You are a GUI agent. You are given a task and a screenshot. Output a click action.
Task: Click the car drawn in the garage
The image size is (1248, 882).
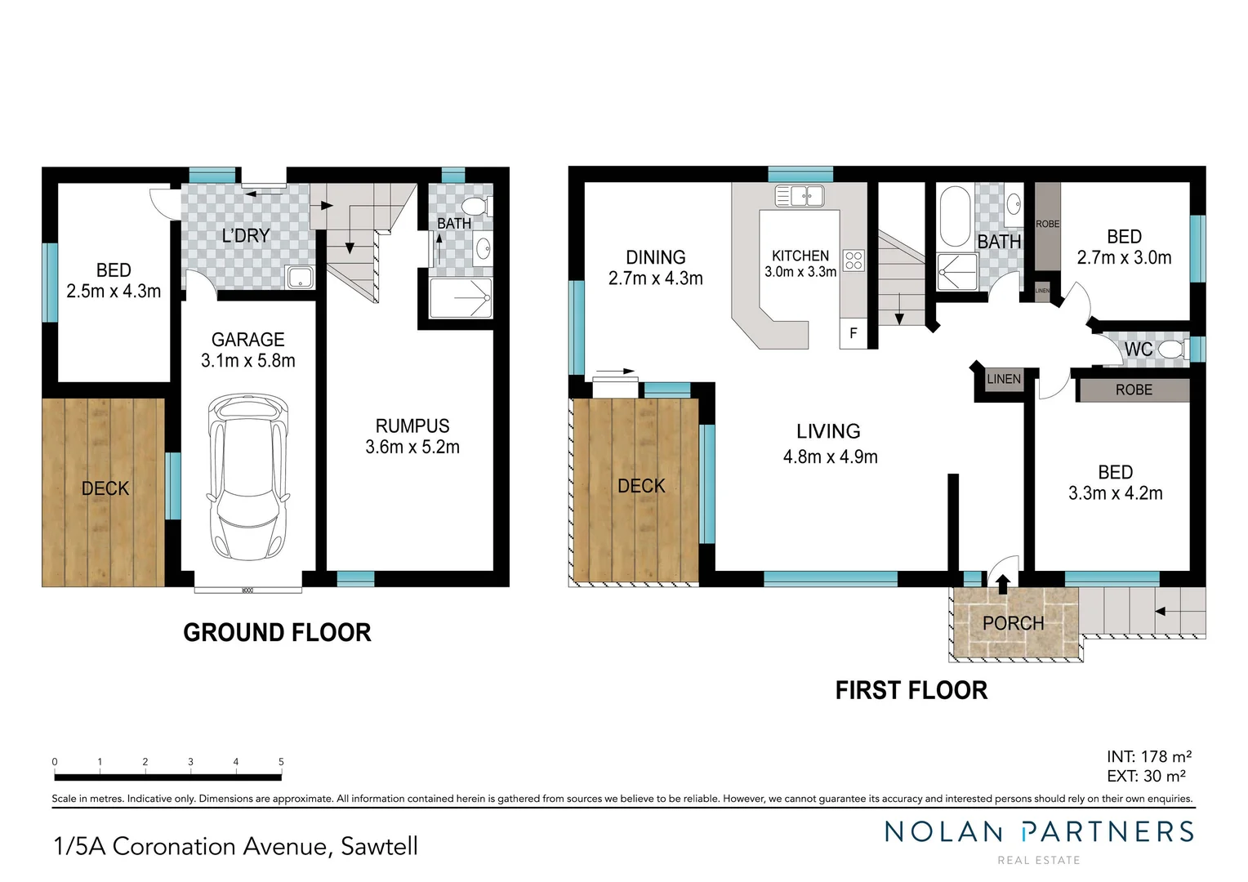(247, 477)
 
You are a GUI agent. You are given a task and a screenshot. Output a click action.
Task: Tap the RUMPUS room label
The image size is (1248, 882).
(412, 426)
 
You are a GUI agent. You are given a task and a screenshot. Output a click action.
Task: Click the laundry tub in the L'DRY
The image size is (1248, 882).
(300, 277)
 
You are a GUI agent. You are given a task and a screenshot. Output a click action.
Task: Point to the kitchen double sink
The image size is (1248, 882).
(800, 196)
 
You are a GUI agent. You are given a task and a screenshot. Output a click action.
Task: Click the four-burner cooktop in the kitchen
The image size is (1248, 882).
(854, 261)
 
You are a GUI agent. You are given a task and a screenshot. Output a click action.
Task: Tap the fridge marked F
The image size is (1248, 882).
(854, 333)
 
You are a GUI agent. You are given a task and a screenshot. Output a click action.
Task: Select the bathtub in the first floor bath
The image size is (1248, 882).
(954, 216)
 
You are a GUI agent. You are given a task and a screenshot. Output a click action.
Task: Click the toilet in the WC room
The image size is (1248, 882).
(1173, 350)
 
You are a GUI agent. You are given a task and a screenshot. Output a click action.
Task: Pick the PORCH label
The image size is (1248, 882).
(1013, 623)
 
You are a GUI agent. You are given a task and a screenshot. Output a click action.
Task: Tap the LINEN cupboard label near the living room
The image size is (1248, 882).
(1003, 379)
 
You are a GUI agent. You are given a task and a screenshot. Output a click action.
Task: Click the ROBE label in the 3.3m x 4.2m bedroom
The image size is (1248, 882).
(1134, 390)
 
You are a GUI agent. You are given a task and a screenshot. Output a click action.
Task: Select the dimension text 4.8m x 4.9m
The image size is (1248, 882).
(830, 457)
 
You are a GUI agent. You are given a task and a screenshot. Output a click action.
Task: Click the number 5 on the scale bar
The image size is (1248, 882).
(281, 762)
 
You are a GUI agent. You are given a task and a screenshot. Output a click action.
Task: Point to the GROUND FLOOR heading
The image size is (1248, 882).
(277, 632)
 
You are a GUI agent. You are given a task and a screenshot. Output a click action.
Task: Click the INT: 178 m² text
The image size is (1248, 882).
(1148, 757)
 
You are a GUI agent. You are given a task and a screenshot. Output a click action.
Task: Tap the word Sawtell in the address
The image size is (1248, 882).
(379, 846)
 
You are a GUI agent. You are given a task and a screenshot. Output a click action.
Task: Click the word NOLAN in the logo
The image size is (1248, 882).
(943, 832)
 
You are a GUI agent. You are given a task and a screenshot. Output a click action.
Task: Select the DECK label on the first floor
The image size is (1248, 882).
(641, 486)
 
